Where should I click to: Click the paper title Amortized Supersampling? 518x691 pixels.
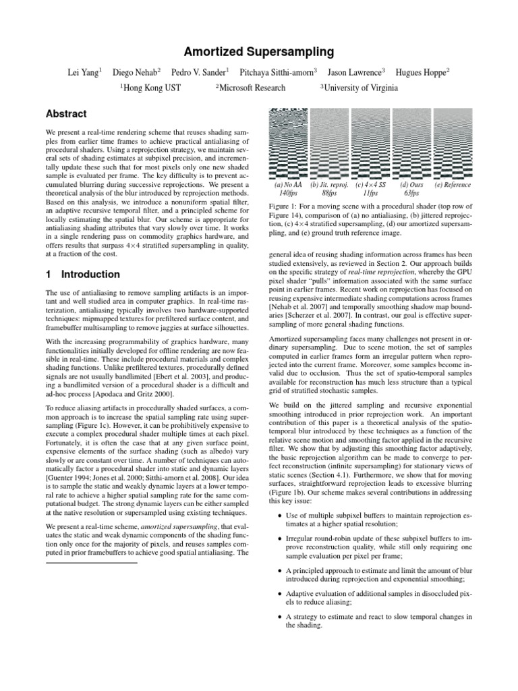[x=258, y=52]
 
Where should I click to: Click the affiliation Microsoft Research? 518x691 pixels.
[x=250, y=88]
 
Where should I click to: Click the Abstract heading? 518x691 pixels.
[x=66, y=114]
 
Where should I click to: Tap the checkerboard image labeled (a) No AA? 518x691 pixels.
[x=287, y=143]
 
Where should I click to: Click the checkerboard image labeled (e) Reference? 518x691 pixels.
[x=453, y=143]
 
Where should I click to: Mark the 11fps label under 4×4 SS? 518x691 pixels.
[x=370, y=192]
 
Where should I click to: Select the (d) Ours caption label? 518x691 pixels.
[x=411, y=184]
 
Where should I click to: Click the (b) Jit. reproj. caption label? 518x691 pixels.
[x=328, y=184]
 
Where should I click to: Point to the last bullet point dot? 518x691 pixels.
[x=280, y=617]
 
